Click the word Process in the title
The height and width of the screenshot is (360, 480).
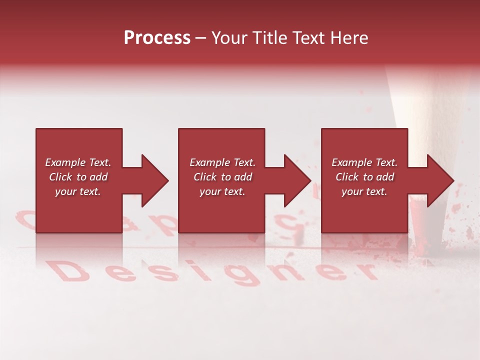[157, 38]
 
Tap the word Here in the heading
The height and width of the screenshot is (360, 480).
[349, 38]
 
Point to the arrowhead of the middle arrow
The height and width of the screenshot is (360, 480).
[297, 180]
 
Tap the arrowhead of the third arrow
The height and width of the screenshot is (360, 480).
[440, 180]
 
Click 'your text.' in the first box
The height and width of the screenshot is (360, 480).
[78, 191]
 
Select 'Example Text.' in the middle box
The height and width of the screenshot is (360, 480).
[222, 162]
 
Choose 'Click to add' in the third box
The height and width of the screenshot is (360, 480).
[364, 177]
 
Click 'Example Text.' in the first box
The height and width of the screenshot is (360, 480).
[78, 162]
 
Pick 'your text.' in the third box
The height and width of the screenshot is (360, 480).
[364, 191]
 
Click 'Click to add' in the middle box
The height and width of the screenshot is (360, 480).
[222, 177]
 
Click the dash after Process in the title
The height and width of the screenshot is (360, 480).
[201, 38]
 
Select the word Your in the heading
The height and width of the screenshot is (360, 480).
[229, 38]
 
